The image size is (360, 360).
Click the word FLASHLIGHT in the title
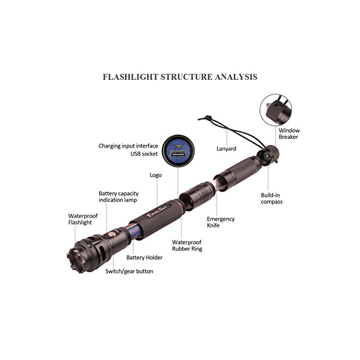point(131,77)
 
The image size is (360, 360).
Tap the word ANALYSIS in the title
point(236,77)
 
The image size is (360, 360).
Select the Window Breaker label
point(289,134)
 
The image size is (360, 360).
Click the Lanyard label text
point(226,149)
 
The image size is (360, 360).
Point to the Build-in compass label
point(272,199)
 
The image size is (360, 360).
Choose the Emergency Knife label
point(221,222)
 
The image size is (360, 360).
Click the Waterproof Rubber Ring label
point(187,245)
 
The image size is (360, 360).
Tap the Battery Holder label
point(145,258)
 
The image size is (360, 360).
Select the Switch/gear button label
point(129,272)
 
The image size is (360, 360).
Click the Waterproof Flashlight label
point(83,219)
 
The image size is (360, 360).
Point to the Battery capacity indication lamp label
point(118,197)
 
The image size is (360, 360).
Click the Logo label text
point(156,175)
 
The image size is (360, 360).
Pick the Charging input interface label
point(129,146)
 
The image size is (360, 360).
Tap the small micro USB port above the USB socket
point(178,146)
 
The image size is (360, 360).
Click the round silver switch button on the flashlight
point(112,235)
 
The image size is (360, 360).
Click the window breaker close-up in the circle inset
point(276,110)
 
